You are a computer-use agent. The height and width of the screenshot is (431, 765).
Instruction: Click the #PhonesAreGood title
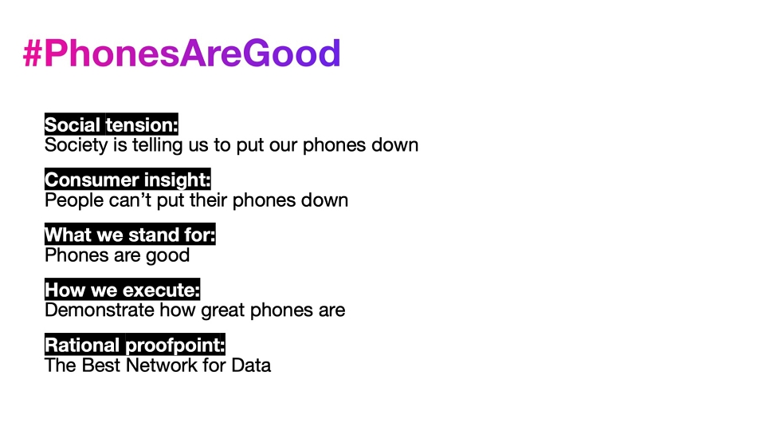pos(182,53)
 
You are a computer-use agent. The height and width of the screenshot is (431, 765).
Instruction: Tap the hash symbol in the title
pos(33,53)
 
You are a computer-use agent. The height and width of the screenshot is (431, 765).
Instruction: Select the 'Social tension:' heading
pos(112,125)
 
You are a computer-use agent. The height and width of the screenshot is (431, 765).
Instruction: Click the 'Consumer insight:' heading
pos(127,180)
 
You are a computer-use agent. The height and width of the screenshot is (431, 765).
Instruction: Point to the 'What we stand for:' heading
pos(130,235)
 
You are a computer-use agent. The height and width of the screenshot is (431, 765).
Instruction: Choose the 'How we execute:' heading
pos(123,290)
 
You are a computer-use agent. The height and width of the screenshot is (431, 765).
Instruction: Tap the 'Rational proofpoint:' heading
pos(135,345)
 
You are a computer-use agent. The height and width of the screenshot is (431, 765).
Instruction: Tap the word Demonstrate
pos(100,310)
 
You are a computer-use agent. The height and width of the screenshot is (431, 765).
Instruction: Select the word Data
pos(251,366)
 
